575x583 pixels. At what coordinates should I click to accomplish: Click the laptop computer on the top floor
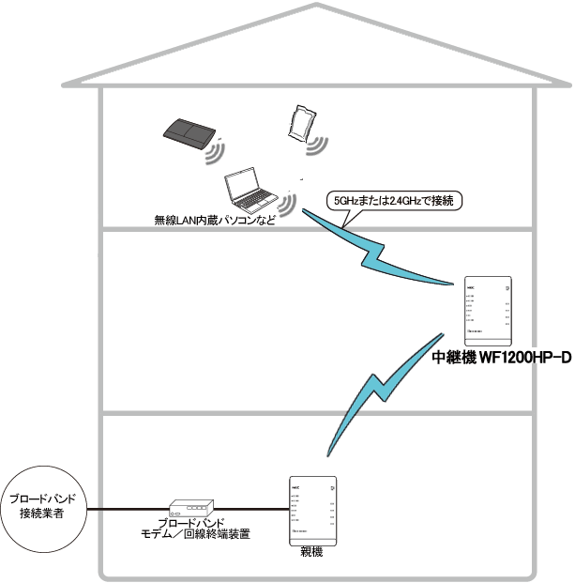coord(250,192)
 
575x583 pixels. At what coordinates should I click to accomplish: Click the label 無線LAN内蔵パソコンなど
coord(215,222)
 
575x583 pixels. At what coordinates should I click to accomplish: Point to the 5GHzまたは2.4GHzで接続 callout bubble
coord(393,200)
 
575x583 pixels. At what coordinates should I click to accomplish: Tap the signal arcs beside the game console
coord(219,150)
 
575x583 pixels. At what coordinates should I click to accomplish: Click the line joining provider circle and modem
coord(126,509)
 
